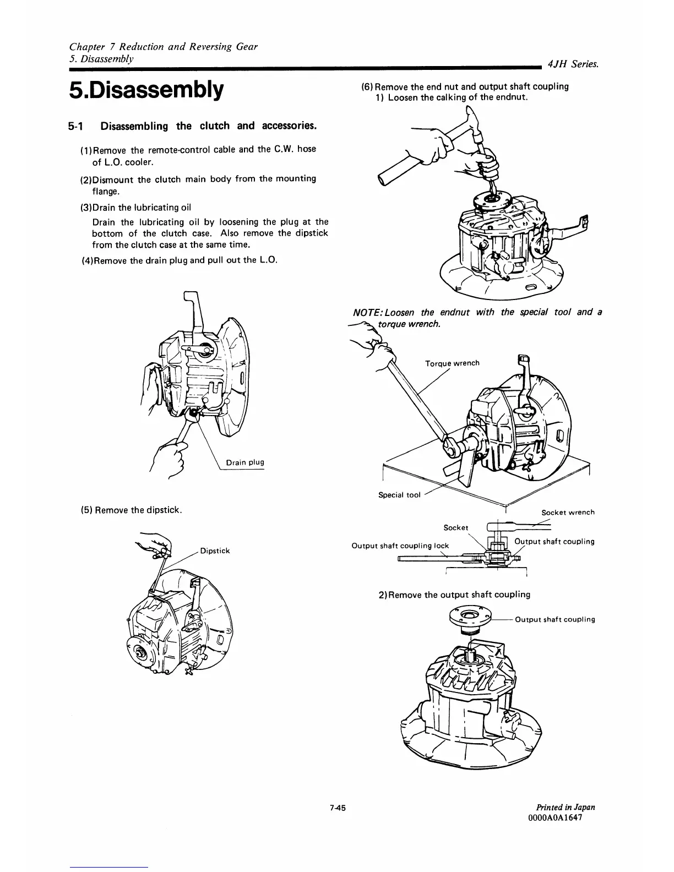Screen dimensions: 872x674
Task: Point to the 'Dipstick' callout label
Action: pos(215,551)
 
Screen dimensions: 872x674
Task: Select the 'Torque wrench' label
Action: pos(452,363)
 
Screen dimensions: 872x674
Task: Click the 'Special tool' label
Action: pos(399,494)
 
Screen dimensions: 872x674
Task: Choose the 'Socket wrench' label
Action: pos(568,512)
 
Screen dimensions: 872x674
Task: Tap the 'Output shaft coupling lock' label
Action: pos(400,546)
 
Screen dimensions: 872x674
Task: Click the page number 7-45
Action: pos(337,808)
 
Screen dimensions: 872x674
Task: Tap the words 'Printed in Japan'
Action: pos(564,807)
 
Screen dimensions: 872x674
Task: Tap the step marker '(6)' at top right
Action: pos(367,86)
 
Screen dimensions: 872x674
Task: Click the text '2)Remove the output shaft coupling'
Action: pos(454,595)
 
